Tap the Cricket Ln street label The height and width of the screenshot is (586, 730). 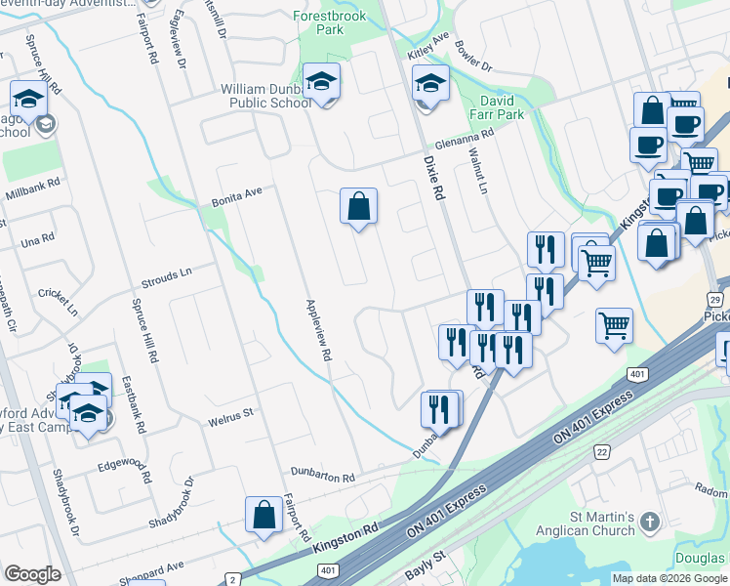59,301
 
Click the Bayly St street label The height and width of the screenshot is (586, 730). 426,560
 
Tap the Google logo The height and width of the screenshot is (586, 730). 32,574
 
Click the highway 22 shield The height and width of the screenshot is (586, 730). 602,449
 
